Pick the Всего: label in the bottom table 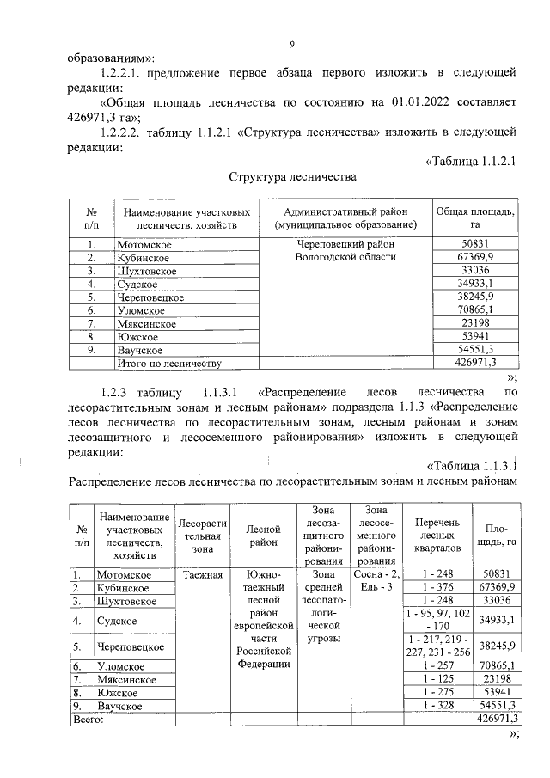tap(87, 719)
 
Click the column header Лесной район tap(263, 536)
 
